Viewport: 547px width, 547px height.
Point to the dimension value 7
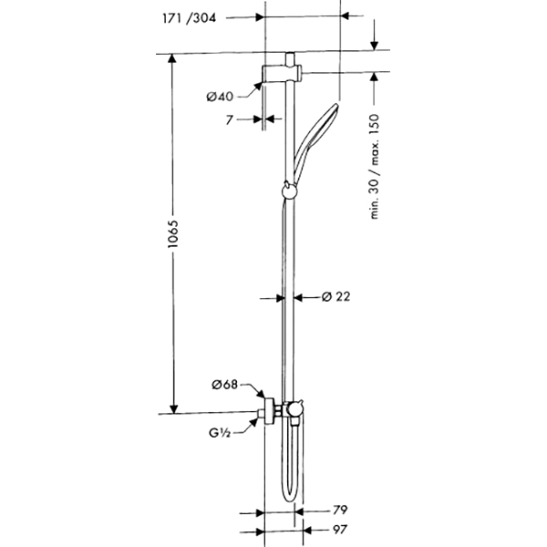click(232, 119)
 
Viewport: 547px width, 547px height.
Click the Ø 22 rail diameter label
click(336, 296)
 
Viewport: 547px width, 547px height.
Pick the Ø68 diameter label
click(223, 385)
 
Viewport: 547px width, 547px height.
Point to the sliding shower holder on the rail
click(288, 191)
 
